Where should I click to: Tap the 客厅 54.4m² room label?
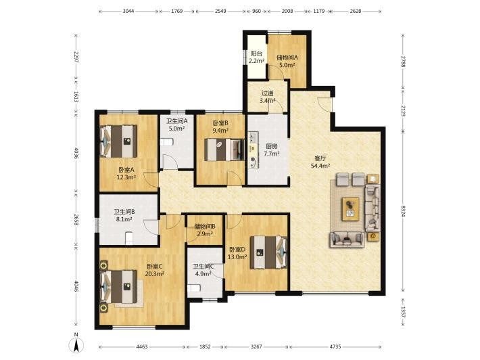(320, 162)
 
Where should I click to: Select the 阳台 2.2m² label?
(256, 57)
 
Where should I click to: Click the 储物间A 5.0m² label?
(287, 61)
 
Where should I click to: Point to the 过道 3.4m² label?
(267, 97)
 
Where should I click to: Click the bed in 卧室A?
(119, 141)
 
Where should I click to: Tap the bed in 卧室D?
(268, 252)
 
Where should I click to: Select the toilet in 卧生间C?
(194, 288)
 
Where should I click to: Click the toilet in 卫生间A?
(166, 142)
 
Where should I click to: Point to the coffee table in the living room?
(350, 208)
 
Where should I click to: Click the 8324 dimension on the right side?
(403, 211)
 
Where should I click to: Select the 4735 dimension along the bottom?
(335, 346)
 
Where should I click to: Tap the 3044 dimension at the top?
(128, 11)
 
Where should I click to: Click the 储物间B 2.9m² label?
(205, 230)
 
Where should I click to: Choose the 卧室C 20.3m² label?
(155, 270)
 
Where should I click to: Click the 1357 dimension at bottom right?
(403, 312)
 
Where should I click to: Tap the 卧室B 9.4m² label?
(220, 127)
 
